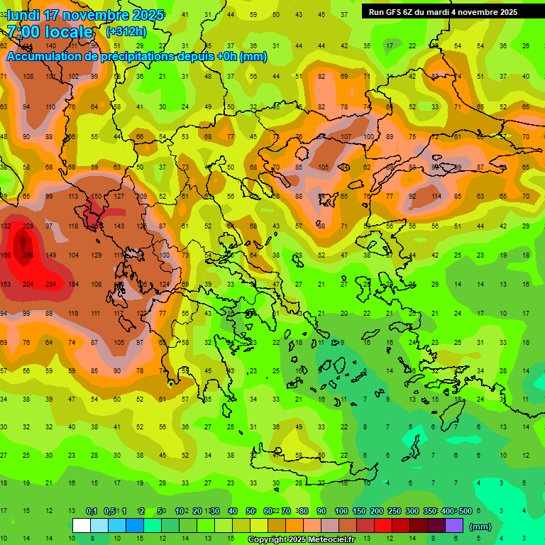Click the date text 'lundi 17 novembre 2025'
click(x=85, y=15)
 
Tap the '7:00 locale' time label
click(x=50, y=32)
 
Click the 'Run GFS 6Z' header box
click(x=443, y=11)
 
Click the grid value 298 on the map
click(x=28, y=255)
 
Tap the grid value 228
click(x=28, y=226)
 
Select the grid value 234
click(x=51, y=285)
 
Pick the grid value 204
click(x=28, y=285)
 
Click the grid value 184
click(x=74, y=285)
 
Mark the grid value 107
click(x=346, y=137)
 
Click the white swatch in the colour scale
click(x=82, y=526)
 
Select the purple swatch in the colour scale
click(x=454, y=526)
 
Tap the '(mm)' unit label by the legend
click(x=480, y=527)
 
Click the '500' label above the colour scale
click(x=465, y=512)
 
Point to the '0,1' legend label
click(x=92, y=512)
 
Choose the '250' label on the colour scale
click(x=394, y=512)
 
